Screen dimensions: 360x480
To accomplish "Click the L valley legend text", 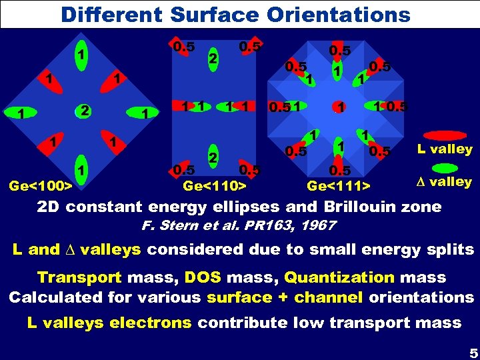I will point(445,149).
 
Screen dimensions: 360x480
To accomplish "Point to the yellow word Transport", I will point(79,277).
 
